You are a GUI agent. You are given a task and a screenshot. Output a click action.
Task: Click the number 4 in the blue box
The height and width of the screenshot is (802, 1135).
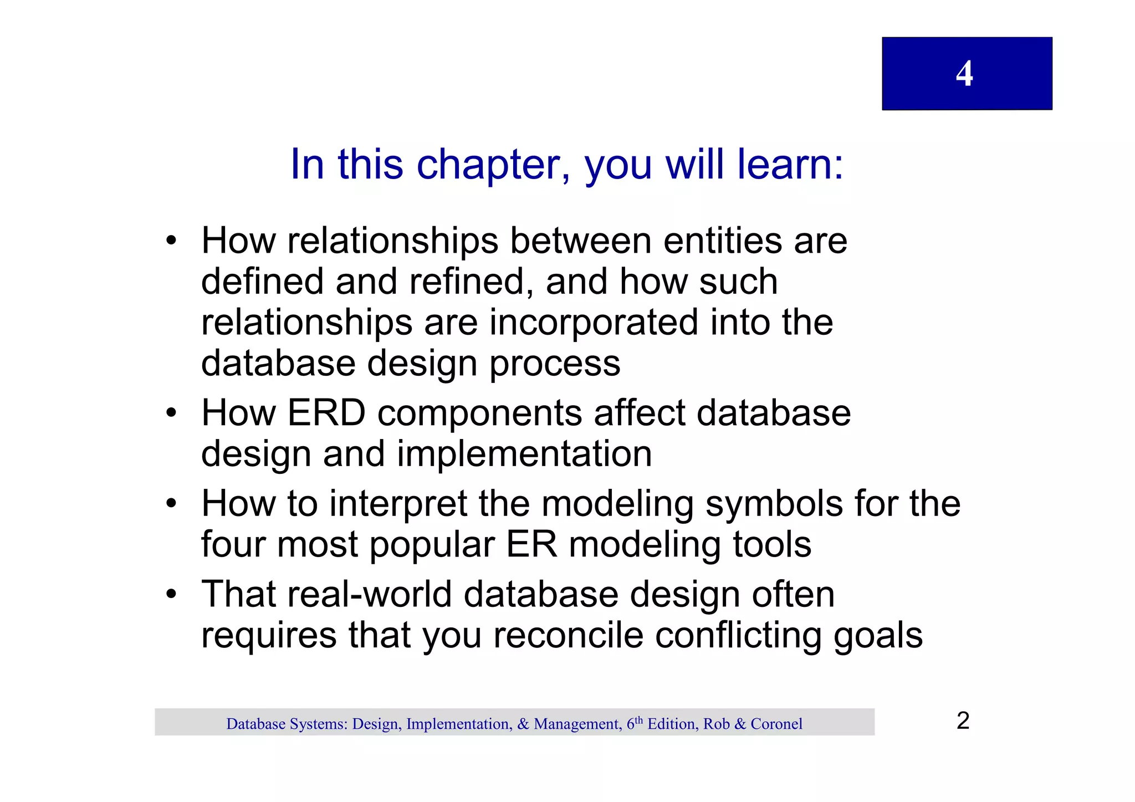coord(964,74)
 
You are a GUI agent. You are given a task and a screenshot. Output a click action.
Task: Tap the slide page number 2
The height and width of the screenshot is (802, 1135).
coord(963,721)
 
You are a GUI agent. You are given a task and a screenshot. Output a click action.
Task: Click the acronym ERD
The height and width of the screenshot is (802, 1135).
coord(326,413)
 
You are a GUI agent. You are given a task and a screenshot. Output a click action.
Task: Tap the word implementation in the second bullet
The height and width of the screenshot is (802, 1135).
coord(524,454)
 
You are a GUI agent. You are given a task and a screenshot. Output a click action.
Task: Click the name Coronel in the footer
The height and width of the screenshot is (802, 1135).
coord(776,724)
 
